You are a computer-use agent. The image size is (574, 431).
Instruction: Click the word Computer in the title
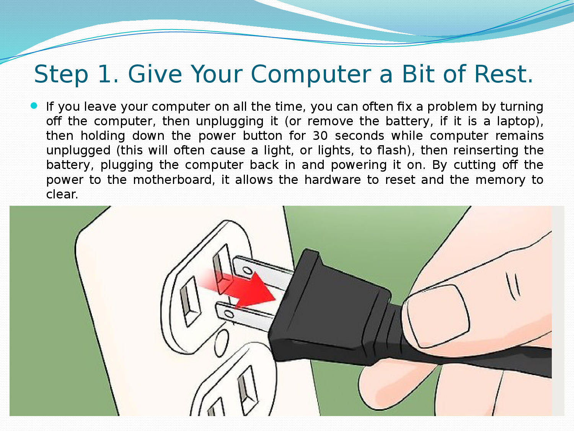click(x=311, y=75)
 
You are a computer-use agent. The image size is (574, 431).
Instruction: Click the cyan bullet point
click(x=34, y=106)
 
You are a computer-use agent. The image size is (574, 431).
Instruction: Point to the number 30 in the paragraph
click(x=320, y=136)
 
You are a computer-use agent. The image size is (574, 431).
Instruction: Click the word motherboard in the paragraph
click(x=172, y=180)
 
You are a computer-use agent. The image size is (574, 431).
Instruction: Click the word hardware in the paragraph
click(x=332, y=180)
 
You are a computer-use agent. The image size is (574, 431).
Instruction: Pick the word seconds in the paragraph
click(x=359, y=136)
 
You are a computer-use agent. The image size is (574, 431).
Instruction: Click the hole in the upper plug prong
click(x=247, y=270)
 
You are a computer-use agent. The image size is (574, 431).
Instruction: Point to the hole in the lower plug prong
click(x=229, y=314)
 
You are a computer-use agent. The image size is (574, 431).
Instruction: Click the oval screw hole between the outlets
click(x=221, y=343)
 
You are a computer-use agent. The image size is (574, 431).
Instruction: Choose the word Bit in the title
click(x=419, y=74)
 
